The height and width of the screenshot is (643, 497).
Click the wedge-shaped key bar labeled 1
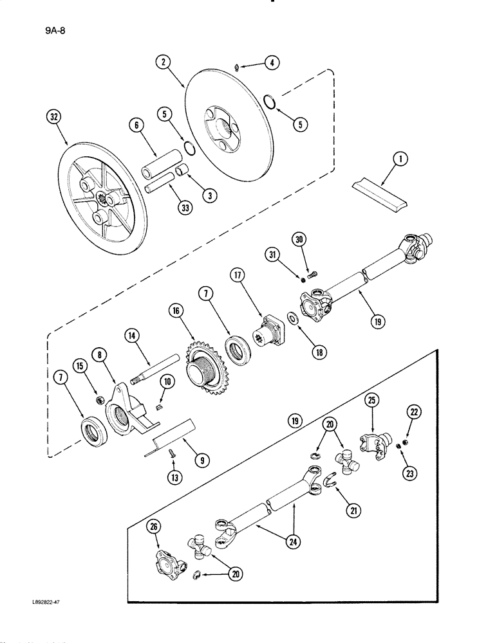click(x=380, y=194)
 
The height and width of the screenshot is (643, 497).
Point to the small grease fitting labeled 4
click(x=238, y=66)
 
